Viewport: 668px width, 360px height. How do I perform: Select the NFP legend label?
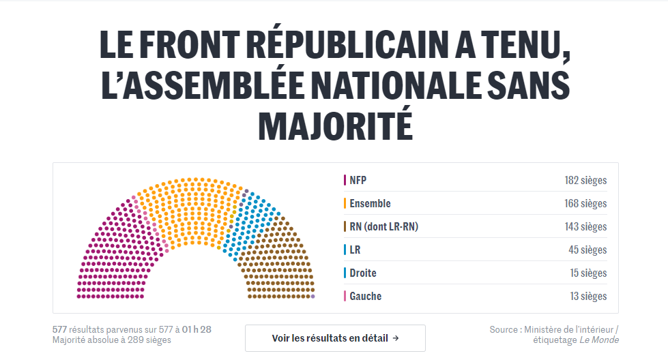[x=358, y=181]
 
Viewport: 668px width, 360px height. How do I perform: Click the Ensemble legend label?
[x=370, y=203]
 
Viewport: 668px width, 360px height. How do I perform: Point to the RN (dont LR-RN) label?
[x=383, y=226]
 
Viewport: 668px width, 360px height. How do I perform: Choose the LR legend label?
[x=355, y=250]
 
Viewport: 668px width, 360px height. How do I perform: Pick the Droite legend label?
[x=363, y=273]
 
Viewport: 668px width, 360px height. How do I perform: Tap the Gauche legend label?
[x=366, y=296]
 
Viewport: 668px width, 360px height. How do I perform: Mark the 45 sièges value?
[x=587, y=250]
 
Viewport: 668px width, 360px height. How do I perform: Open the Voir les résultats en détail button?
[x=335, y=338]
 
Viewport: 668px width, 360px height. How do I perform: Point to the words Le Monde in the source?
[x=599, y=340]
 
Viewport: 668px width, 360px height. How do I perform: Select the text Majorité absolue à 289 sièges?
[x=112, y=340]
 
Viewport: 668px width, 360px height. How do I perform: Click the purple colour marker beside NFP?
[x=345, y=181]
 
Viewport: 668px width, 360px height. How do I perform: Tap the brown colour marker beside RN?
[x=345, y=226]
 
